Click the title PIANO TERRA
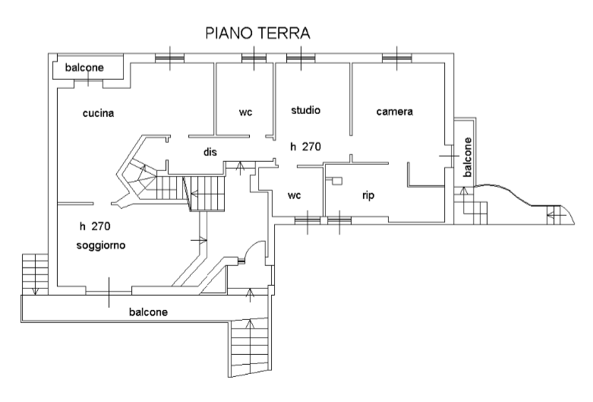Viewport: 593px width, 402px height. coord(257,34)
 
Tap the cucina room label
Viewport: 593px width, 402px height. coord(99,114)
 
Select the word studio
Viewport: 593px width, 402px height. coord(306,110)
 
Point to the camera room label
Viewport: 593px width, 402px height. coord(394,112)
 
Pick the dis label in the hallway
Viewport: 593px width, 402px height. coord(210,152)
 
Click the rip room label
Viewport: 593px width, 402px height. coord(368,195)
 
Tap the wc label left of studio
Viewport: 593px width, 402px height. coord(245,112)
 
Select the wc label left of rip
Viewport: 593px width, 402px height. coord(295,195)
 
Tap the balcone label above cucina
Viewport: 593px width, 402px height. coord(84,68)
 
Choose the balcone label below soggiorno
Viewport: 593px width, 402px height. coord(148,312)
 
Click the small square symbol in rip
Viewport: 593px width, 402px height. coord(338,181)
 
